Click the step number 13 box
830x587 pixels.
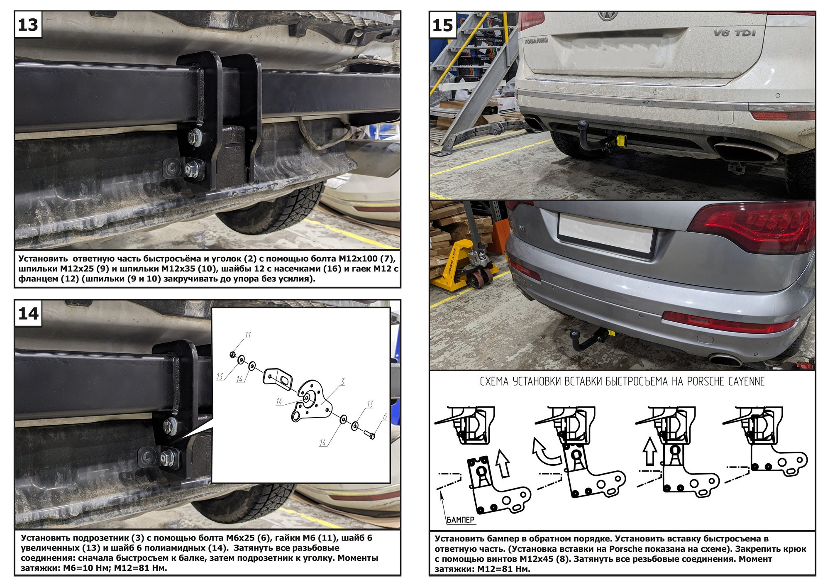pos(28,25)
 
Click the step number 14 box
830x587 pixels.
pos(28,313)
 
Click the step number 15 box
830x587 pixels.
pos(442,25)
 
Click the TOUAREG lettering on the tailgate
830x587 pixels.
pos(536,41)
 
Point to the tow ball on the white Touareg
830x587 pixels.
pos(583,125)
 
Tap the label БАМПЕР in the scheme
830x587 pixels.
pos(461,520)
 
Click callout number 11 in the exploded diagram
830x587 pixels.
pos(248,335)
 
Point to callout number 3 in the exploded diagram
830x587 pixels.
pos(342,382)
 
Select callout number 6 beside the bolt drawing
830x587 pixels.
pos(385,416)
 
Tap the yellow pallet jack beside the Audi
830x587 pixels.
pos(465,266)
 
